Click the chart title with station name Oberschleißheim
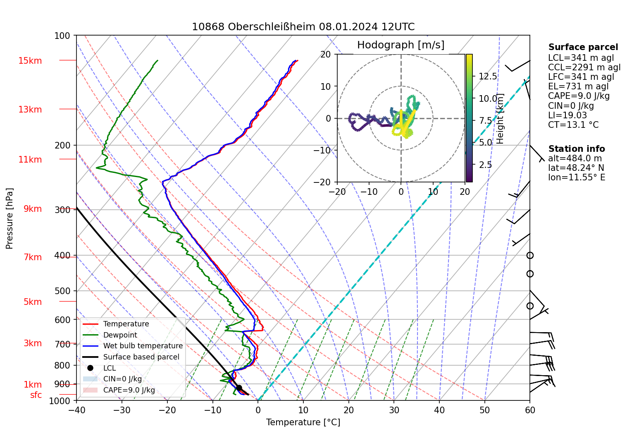[303, 27]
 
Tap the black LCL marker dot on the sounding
[239, 388]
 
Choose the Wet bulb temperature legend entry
[143, 346]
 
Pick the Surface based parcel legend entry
[141, 357]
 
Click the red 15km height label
[30, 61]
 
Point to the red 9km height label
[33, 209]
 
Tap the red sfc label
[36, 395]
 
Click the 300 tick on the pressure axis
[62, 210]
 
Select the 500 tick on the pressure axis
[62, 291]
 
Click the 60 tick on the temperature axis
[530, 410]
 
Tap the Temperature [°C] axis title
[303, 422]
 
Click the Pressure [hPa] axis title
[10, 218]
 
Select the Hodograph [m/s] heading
[401, 45]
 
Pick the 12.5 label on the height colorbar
[488, 77]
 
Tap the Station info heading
[577, 149]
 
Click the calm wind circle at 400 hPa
[530, 256]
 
